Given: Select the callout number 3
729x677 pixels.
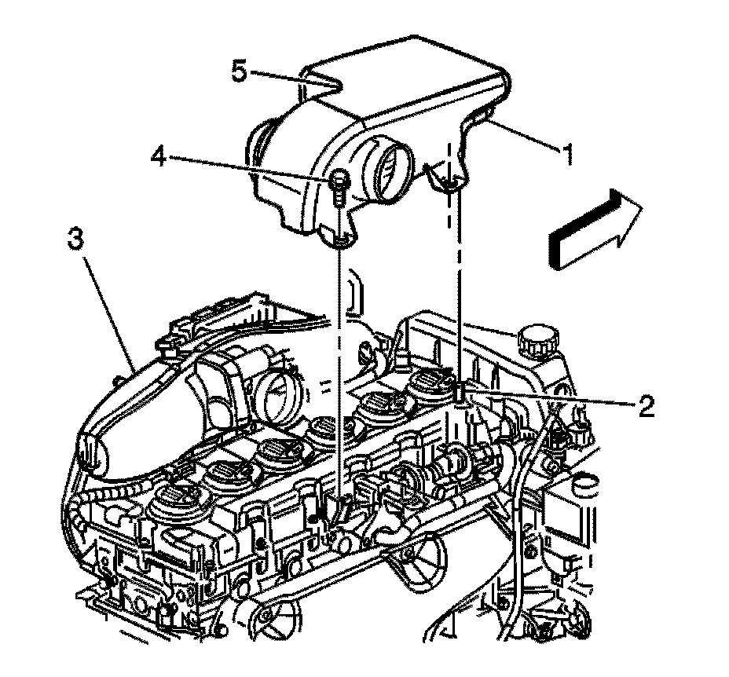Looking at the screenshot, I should coord(75,240).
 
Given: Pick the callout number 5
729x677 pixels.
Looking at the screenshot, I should coord(240,72).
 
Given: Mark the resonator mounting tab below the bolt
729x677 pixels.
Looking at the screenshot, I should coord(340,236).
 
